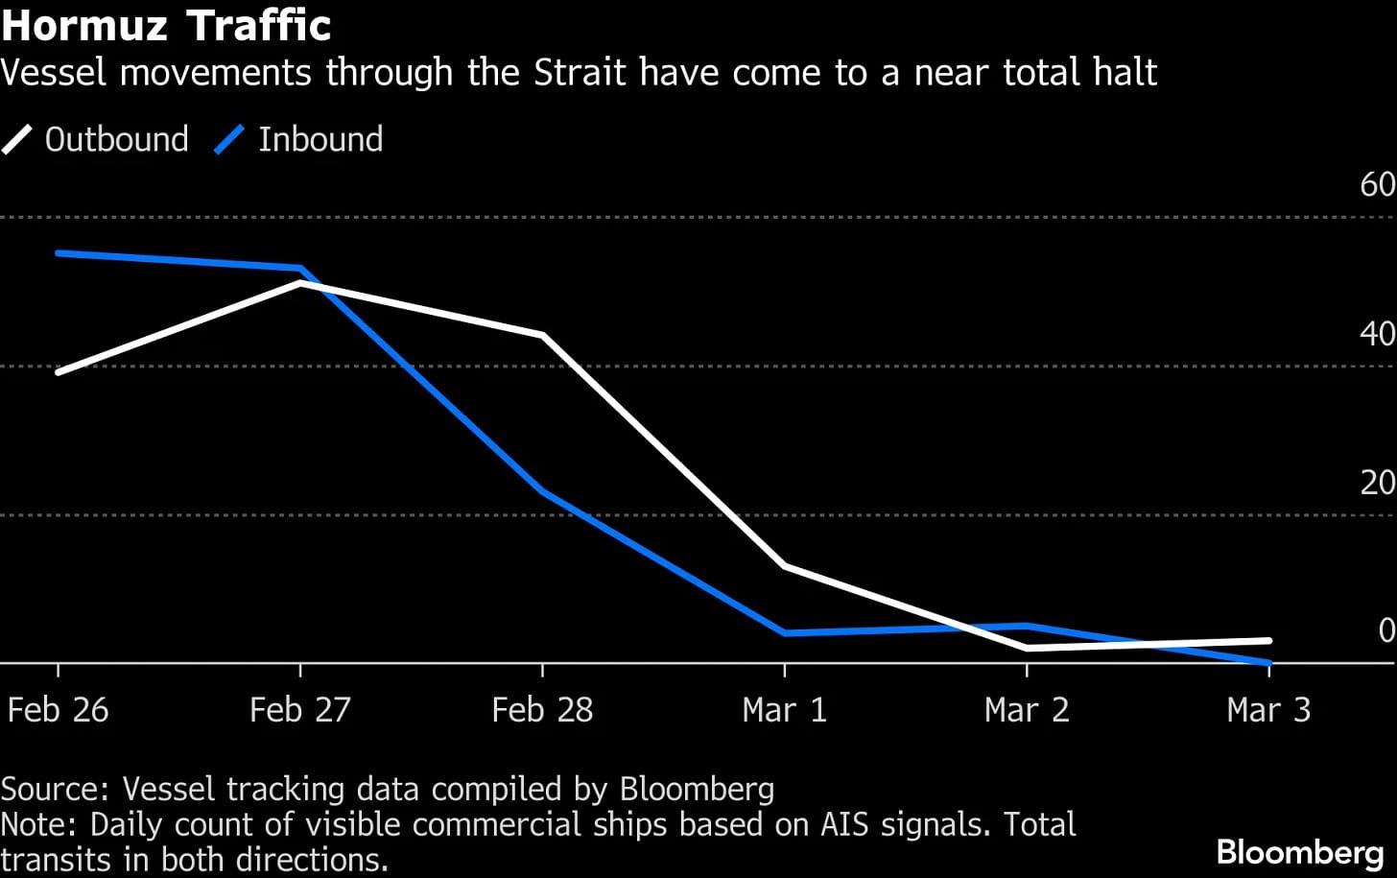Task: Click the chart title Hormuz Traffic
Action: coord(166,25)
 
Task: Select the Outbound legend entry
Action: coord(96,140)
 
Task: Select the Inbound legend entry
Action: coord(299,140)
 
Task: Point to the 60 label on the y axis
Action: coord(1377,184)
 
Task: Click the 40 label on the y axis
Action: coord(1377,334)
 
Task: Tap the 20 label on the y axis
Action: coord(1377,483)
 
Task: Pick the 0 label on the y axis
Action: coord(1385,630)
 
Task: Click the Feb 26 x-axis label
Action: coord(58,710)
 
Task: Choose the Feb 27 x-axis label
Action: coord(299,710)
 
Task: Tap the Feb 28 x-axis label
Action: coord(542,710)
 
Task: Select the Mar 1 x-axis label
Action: coord(784,710)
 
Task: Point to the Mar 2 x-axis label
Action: coord(1026,710)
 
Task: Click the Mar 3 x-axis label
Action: coord(1267,710)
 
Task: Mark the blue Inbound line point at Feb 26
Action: coord(59,253)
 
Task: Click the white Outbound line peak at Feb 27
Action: coord(300,283)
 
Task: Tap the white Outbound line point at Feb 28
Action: coord(543,335)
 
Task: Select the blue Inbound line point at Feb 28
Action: coord(543,491)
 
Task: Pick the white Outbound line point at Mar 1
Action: coord(785,566)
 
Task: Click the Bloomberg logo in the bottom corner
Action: coord(1299,852)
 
